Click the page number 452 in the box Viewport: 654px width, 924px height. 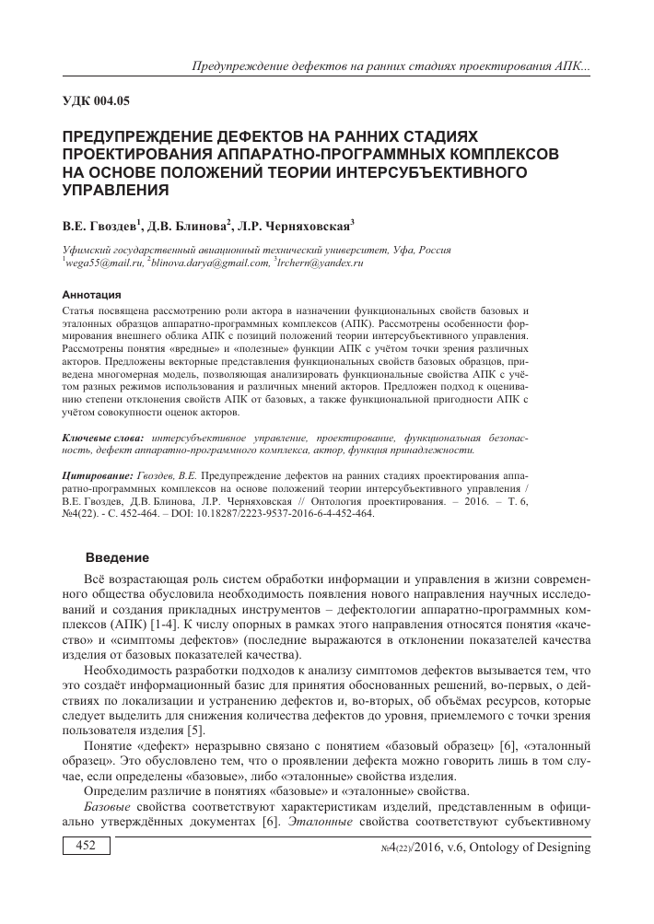click(86, 871)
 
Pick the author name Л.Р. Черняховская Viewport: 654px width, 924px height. click(297, 224)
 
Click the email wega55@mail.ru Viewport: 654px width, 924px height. click(99, 263)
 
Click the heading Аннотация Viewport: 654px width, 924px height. click(89, 296)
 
